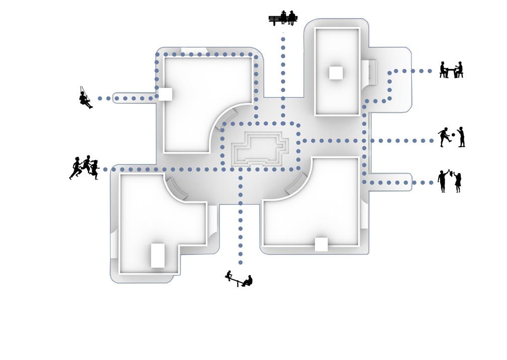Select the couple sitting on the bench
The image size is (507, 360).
tap(284, 19)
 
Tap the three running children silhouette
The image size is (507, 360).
tap(84, 167)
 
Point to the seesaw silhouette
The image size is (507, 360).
tap(239, 280)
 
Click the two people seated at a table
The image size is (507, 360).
tap(451, 70)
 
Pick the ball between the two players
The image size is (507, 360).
tap(453, 134)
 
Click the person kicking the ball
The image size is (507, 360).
tap(444, 136)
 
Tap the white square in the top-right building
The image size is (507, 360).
tap(336, 73)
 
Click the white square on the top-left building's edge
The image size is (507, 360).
tap(165, 94)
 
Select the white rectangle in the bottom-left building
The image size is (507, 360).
tap(158, 255)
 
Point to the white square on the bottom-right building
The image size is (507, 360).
tap(321, 244)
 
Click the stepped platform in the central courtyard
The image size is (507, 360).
tap(260, 147)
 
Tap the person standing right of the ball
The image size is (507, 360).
tap(461, 137)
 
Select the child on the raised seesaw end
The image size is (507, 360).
tap(230, 275)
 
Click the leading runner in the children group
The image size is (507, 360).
tap(76, 168)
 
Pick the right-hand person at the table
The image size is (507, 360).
tap(459, 70)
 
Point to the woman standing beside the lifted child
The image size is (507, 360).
tap(458, 182)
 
